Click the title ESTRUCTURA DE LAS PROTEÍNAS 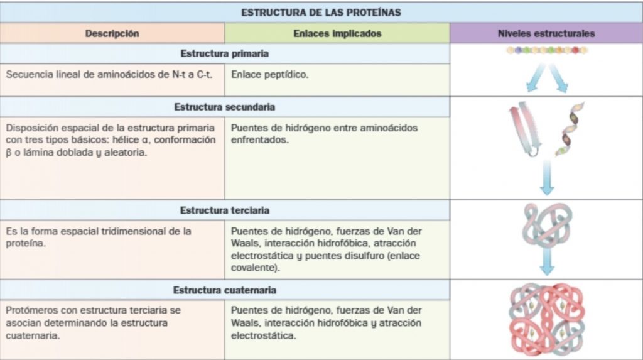tap(321, 12)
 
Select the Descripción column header tap(112, 34)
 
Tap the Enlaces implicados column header tap(337, 34)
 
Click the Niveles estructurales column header tap(546, 34)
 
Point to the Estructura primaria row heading tap(225, 53)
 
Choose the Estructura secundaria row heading tap(225, 107)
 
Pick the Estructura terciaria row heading tap(225, 210)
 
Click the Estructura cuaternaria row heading tap(225, 290)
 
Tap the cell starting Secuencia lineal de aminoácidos tap(109, 74)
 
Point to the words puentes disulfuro tap(346, 256)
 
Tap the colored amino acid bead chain tap(546, 51)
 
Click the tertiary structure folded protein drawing tap(546, 226)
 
